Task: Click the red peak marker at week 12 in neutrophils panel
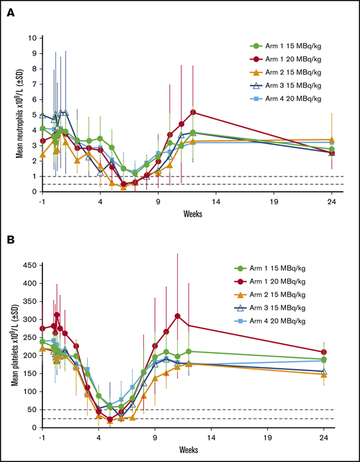[x=193, y=112]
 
